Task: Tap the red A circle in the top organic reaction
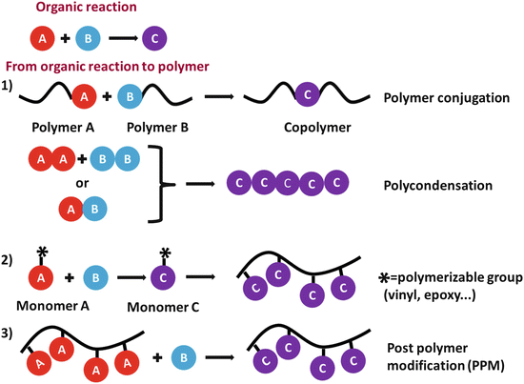(43, 39)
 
